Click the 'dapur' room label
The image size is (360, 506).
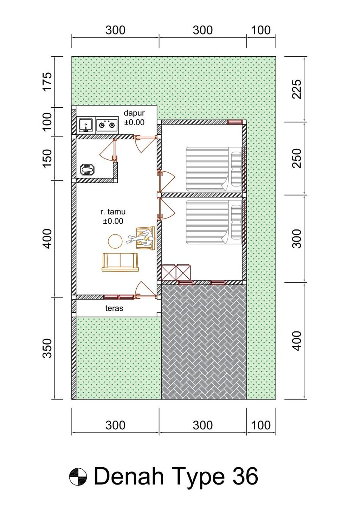tap(134, 113)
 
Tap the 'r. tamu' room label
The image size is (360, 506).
tap(113, 212)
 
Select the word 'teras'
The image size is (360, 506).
tap(114, 308)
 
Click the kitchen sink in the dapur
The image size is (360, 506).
tap(86, 125)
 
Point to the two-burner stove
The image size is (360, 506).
tap(107, 125)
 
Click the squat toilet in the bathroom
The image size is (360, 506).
tap(88, 170)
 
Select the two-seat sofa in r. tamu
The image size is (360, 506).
tap(120, 262)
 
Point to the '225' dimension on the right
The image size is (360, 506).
tap(297, 89)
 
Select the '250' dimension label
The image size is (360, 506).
tap(297, 158)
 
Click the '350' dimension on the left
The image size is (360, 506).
tap(47, 348)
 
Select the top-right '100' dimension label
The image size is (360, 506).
tap(261, 30)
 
